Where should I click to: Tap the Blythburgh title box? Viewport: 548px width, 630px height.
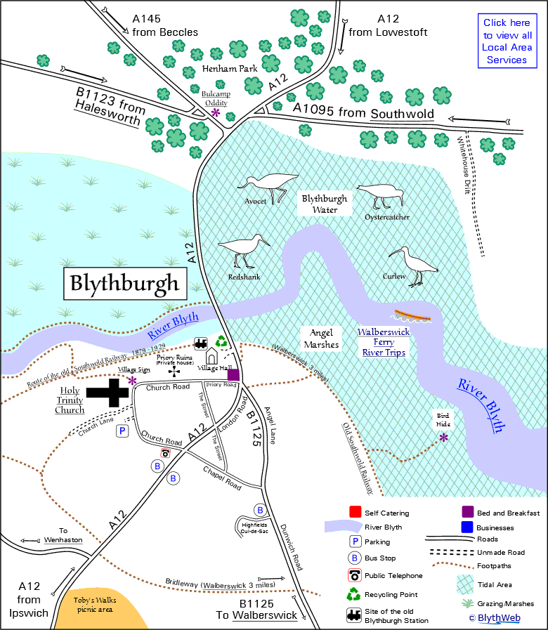click(x=124, y=284)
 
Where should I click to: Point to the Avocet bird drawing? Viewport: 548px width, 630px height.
click(x=267, y=185)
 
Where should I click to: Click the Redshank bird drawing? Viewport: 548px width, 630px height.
click(x=244, y=251)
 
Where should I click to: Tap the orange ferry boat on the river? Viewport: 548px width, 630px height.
click(x=412, y=316)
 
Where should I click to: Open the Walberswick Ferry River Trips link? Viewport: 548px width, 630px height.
click(x=382, y=342)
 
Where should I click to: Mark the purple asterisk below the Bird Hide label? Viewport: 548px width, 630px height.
click(x=443, y=438)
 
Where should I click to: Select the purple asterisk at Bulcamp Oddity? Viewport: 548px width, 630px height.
click(x=216, y=112)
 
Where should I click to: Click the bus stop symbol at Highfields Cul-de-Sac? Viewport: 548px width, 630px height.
click(x=260, y=510)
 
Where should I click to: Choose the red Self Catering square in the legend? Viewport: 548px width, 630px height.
click(x=355, y=513)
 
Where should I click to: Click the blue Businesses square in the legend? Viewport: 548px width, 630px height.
click(x=466, y=527)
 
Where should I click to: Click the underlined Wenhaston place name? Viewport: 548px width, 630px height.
click(x=63, y=540)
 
